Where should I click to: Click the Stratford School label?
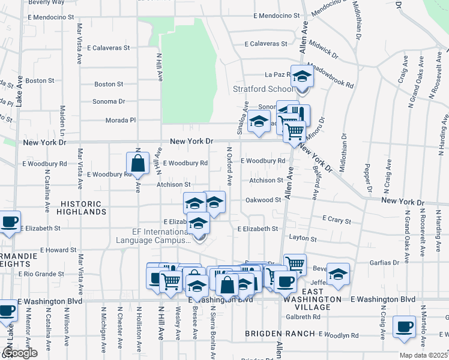(x=263, y=89)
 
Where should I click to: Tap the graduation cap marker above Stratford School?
(x=303, y=77)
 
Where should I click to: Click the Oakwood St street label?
(x=263, y=200)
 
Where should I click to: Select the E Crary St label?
(x=336, y=220)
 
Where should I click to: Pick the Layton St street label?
(x=302, y=238)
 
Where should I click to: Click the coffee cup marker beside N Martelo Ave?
(x=404, y=327)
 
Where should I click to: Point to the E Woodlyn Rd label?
(x=339, y=334)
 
